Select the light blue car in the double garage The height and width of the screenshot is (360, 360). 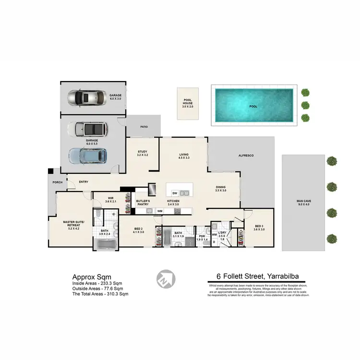tap(87, 155)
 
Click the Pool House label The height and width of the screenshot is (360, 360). tap(187, 102)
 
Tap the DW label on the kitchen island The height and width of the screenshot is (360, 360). tap(175, 193)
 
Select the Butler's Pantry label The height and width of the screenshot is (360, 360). tap(144, 202)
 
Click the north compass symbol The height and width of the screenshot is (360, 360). tap(166, 278)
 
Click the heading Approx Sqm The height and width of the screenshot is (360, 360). tap(92, 277)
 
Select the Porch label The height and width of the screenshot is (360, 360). tap(58, 182)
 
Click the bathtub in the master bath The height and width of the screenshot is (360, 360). tap(105, 245)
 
